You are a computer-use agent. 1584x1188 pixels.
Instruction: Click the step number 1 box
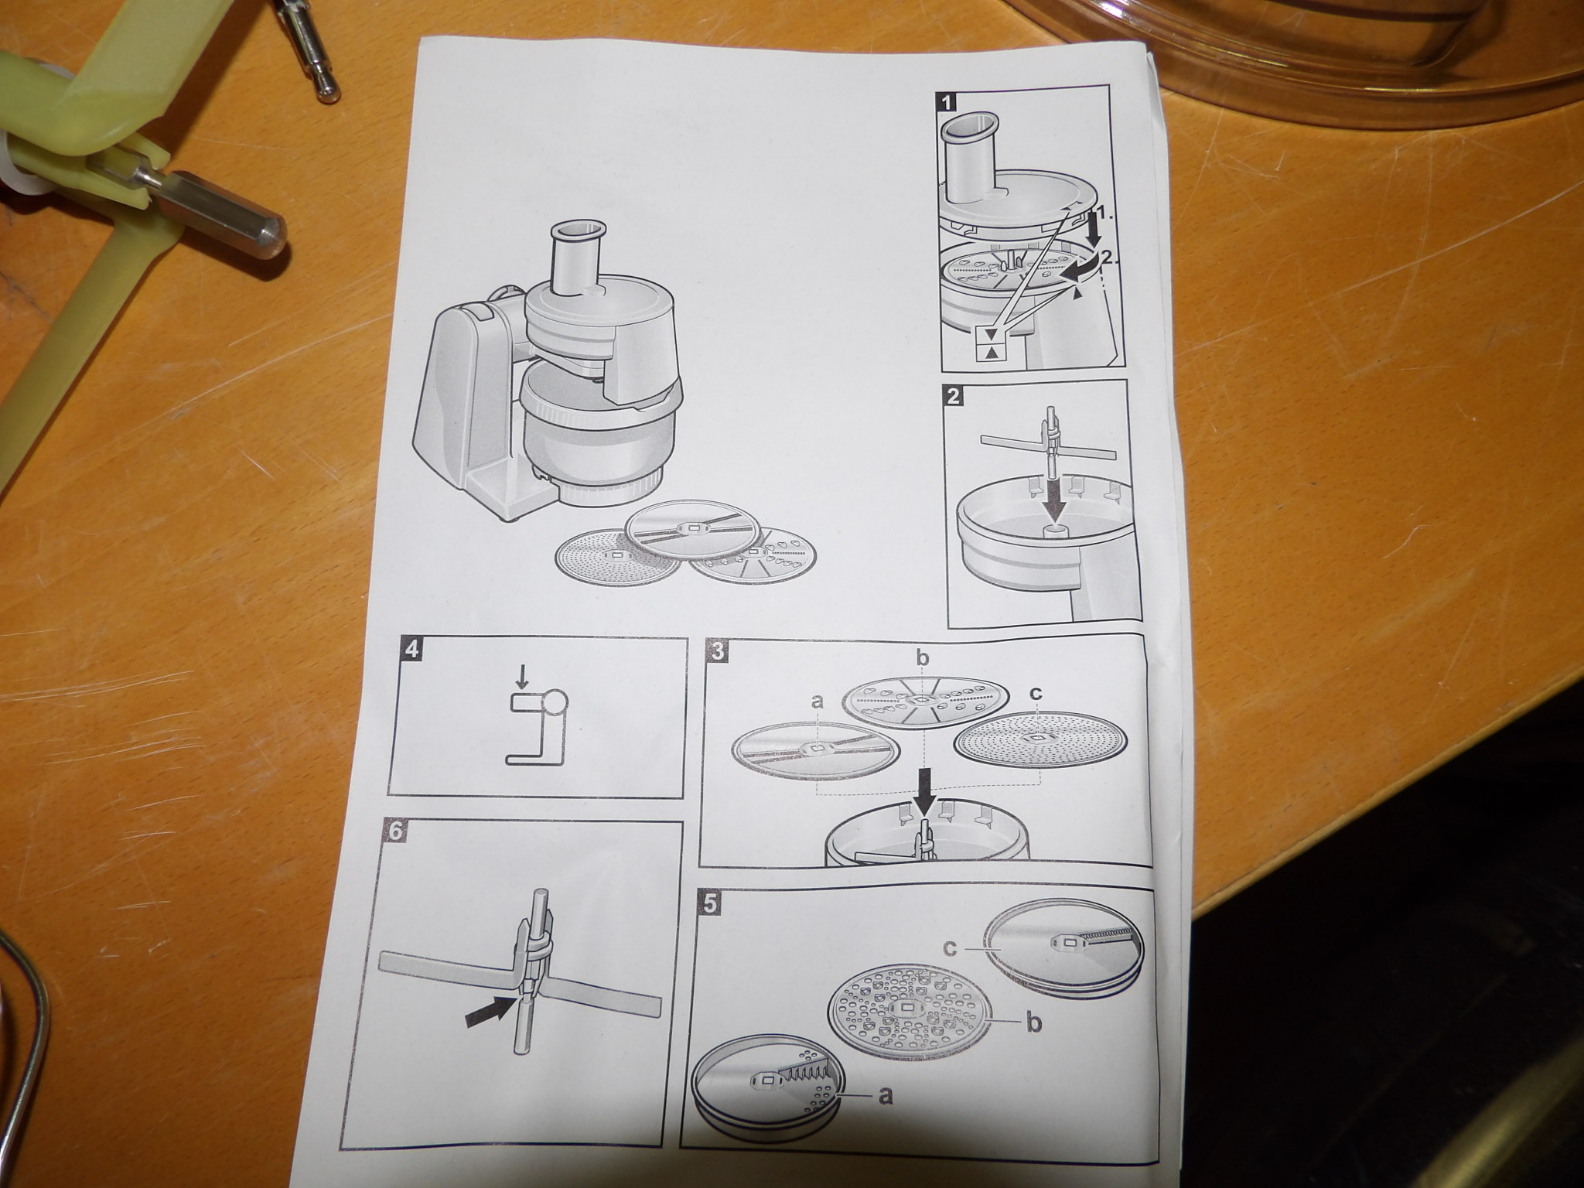pyautogui.click(x=944, y=101)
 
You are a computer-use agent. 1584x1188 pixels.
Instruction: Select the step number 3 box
pyautogui.click(x=718, y=650)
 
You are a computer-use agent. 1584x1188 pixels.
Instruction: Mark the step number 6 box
pyautogui.click(x=395, y=832)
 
